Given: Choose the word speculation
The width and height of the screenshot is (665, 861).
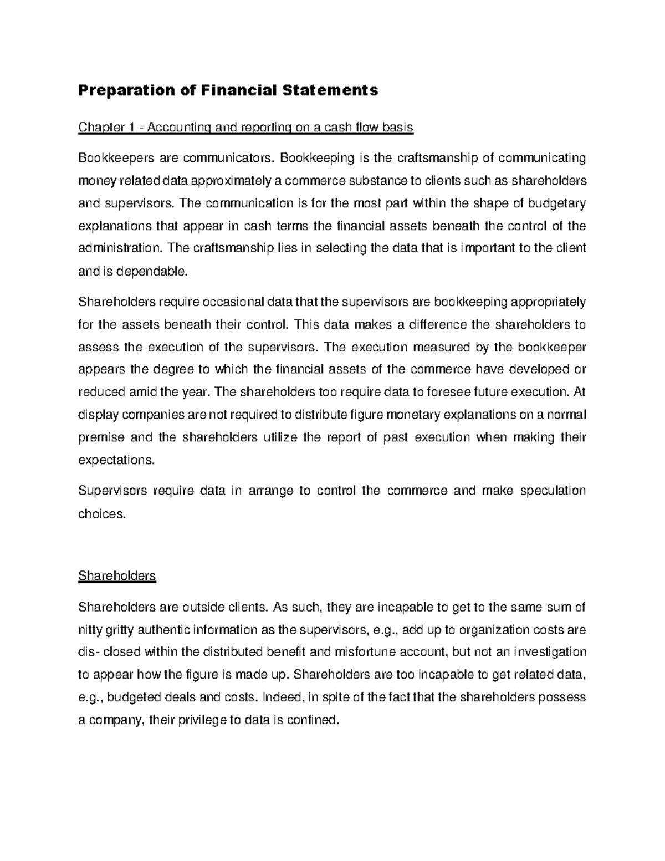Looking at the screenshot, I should tap(550, 491).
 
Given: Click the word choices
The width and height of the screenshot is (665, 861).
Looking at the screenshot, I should tap(102, 514).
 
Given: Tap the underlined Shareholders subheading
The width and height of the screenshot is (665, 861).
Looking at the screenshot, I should tap(117, 576).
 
